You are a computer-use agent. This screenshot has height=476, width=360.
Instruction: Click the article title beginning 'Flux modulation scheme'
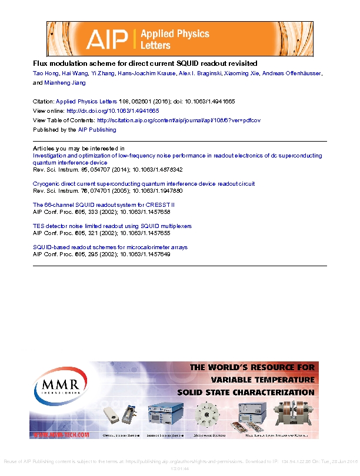145,63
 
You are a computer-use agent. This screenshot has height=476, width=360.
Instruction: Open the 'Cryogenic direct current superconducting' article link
144,184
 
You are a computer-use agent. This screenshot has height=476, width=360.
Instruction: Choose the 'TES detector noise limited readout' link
112,226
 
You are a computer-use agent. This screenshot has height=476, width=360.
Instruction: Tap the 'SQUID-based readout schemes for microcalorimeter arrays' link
110,247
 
